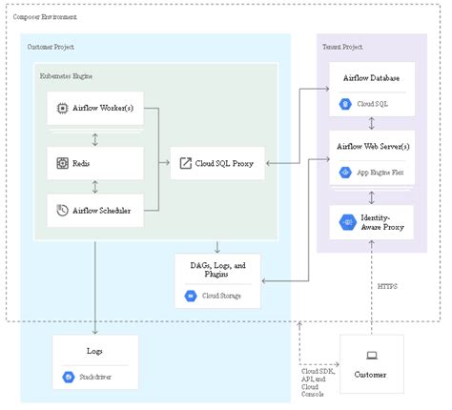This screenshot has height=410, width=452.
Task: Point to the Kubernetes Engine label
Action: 68,73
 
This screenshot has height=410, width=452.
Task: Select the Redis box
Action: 94,163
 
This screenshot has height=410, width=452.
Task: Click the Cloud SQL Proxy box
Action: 217,163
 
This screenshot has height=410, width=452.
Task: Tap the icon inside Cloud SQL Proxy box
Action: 186,163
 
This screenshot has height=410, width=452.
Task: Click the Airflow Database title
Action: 371,77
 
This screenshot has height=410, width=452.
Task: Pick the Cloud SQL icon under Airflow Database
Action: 345,102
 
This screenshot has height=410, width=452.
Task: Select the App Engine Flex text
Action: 380,173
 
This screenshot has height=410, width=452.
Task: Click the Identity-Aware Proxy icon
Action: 347,223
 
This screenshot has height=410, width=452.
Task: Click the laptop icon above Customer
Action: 372,355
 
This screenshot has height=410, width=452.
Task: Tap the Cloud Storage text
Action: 225,297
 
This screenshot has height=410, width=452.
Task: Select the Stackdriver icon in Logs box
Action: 69,378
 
